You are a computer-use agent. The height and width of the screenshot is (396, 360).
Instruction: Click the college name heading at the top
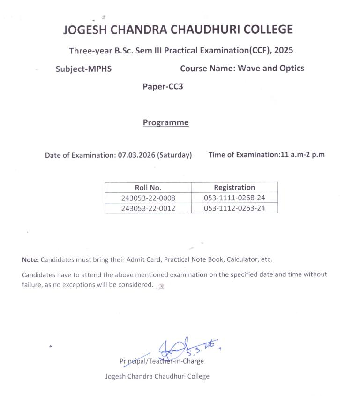178,30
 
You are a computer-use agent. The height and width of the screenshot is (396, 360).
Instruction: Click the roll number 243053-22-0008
148,198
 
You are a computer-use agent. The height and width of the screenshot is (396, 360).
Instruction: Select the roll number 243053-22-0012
148,208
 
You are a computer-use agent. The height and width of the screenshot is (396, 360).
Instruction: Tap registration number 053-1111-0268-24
234,198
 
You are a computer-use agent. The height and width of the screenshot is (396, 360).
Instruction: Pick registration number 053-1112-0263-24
234,208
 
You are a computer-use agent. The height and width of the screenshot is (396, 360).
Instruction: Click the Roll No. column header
148,188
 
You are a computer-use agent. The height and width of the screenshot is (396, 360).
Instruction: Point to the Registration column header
234,187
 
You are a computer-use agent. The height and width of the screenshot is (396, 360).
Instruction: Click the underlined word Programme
165,122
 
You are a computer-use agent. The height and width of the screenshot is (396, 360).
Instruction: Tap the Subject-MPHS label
83,69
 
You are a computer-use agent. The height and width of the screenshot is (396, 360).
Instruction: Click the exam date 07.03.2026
136,155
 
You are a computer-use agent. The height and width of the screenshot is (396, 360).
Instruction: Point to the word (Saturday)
175,155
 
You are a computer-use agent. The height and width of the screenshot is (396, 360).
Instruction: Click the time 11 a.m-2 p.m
302,155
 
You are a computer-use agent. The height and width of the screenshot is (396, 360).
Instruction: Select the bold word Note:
30,259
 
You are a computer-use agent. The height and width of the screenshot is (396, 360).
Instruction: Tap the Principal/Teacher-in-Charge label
162,361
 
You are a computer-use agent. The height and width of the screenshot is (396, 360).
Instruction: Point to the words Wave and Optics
271,68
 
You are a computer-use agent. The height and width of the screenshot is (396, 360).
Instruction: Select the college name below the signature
157,376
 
